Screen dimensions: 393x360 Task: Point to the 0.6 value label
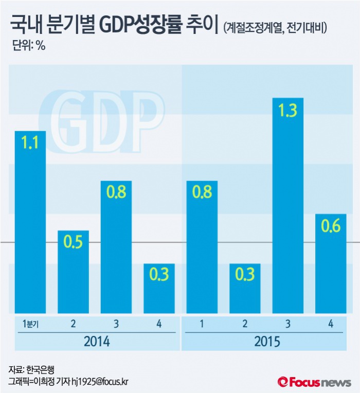coord(330,226)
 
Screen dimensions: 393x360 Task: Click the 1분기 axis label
coord(30,324)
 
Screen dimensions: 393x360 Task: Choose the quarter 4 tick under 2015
coord(330,324)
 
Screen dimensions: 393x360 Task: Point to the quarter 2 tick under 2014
coord(73,324)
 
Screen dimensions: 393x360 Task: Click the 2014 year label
coord(95,341)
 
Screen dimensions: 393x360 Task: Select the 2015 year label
coord(266,341)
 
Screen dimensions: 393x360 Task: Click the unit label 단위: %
coord(29,46)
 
